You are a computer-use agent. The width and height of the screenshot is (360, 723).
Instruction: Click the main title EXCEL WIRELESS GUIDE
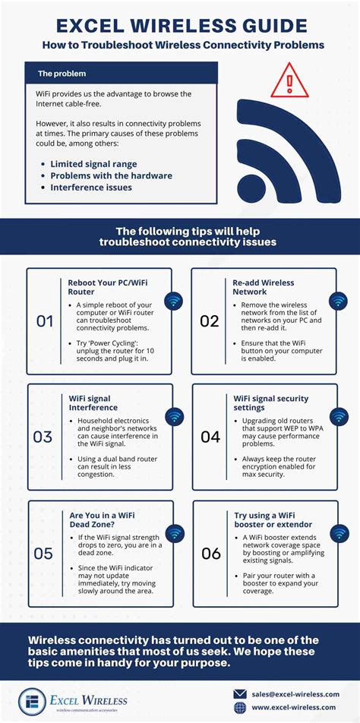click(180, 26)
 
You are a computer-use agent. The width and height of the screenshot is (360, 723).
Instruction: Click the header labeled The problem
click(62, 74)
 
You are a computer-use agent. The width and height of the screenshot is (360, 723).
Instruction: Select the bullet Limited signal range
click(94, 163)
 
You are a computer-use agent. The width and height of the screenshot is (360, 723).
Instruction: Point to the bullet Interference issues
click(91, 188)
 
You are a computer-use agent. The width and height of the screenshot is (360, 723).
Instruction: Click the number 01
click(46, 321)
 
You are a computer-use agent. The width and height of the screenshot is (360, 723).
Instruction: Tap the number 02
click(210, 321)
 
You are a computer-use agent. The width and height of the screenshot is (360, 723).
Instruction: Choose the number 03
click(43, 437)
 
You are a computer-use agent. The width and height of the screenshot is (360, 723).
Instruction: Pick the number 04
click(210, 437)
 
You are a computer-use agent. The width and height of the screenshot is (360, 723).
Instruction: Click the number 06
click(210, 553)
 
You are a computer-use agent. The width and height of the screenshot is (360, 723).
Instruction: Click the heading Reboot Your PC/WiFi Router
click(106, 286)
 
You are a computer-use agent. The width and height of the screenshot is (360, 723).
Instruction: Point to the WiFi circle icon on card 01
click(173, 302)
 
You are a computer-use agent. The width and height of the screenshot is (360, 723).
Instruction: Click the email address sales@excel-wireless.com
click(296, 693)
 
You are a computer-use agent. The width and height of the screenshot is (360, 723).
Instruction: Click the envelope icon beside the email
click(240, 693)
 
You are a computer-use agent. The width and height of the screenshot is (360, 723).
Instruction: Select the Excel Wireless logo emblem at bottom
click(31, 700)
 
